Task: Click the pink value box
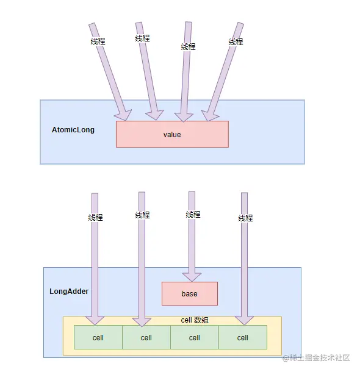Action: click(x=172, y=134)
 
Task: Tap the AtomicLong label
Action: click(x=73, y=130)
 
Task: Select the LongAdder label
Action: click(x=69, y=292)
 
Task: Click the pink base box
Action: click(x=189, y=293)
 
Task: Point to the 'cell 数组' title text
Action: click(x=195, y=320)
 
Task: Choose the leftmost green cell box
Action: click(x=98, y=337)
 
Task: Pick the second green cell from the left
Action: click(x=146, y=337)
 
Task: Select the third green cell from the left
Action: click(x=195, y=337)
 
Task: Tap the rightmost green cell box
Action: click(x=243, y=337)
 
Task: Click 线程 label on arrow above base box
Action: click(x=193, y=215)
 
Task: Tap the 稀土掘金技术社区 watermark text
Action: click(x=316, y=357)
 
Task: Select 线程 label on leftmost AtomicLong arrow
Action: click(x=98, y=41)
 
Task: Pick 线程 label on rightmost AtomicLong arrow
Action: click(x=236, y=42)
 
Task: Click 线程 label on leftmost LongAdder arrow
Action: click(x=95, y=218)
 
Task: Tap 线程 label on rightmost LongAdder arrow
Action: click(x=245, y=218)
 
